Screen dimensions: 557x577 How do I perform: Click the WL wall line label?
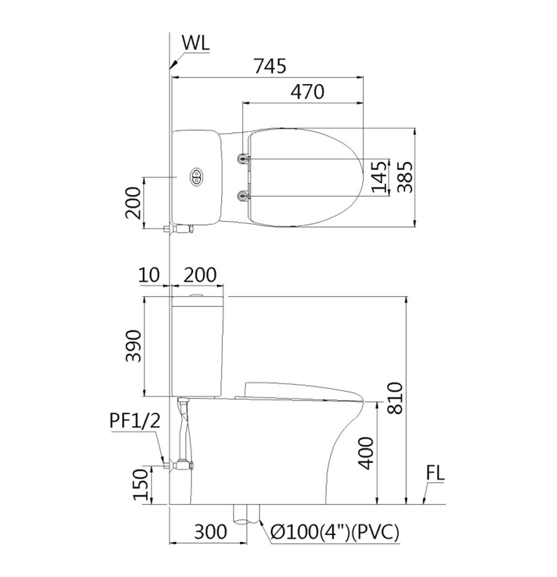click(196, 43)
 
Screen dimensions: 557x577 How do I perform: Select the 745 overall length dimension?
click(270, 66)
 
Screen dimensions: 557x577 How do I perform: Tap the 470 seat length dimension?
click(307, 92)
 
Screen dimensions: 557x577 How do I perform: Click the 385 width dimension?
click(406, 177)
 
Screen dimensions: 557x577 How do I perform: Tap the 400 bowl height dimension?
click(365, 453)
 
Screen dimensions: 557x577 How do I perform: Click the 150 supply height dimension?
click(140, 484)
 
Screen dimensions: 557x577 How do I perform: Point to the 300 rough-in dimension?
click(211, 531)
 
